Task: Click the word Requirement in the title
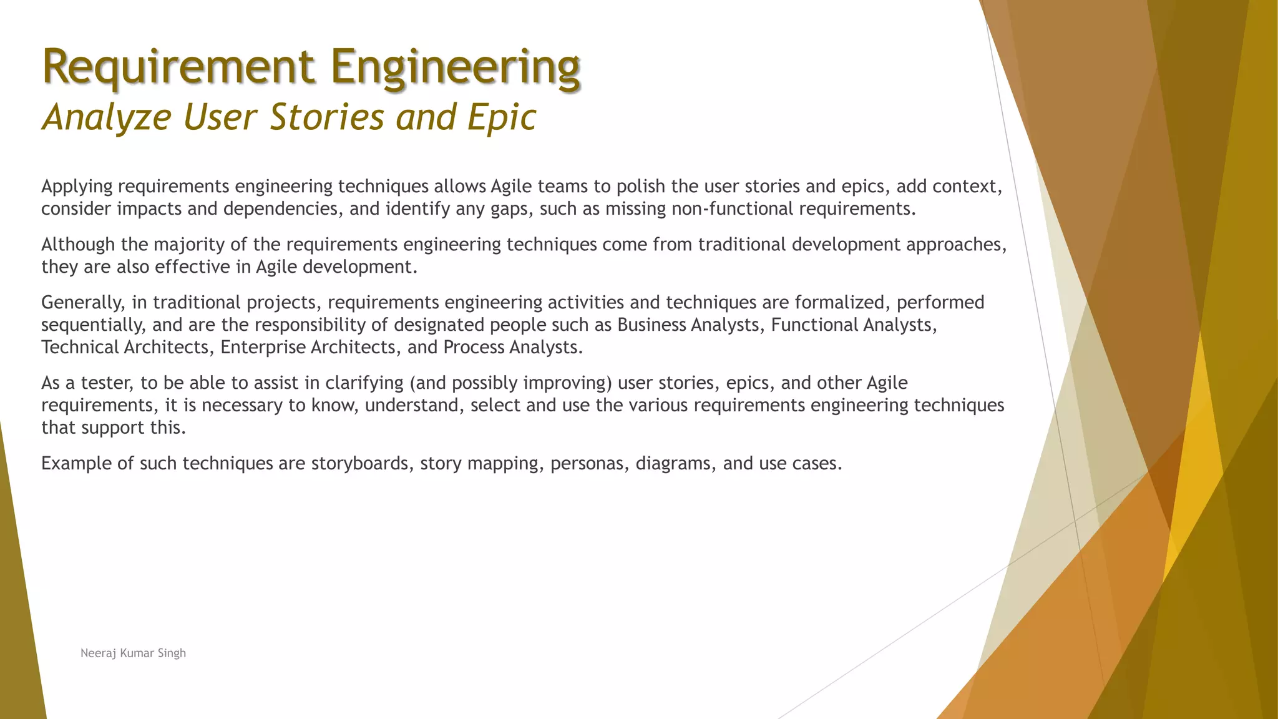click(x=178, y=67)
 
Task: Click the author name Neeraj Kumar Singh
click(x=133, y=653)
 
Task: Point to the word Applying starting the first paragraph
click(x=77, y=187)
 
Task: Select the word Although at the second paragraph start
click(x=78, y=245)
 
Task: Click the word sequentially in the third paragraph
click(x=93, y=325)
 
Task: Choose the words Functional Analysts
click(x=853, y=325)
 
